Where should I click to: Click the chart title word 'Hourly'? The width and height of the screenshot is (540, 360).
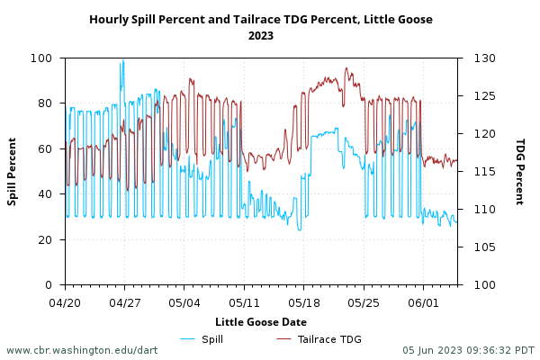(x=109, y=19)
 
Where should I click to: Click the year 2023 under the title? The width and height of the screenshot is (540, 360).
(x=261, y=36)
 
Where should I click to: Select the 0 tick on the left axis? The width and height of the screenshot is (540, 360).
(x=54, y=284)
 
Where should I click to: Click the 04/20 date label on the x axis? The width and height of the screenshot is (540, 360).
(x=65, y=302)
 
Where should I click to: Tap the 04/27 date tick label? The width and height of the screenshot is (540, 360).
(x=124, y=302)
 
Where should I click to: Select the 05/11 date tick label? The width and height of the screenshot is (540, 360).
(x=244, y=302)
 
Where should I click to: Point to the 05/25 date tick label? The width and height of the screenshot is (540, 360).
(x=364, y=302)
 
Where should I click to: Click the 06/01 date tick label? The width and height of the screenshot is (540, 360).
(x=424, y=302)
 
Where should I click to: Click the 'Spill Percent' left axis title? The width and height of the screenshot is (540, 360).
(x=13, y=171)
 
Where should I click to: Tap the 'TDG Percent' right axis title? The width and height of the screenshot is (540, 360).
(x=519, y=171)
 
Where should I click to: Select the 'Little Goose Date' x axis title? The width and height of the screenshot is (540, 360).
(x=261, y=321)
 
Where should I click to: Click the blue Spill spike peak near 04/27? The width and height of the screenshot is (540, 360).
(x=123, y=61)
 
